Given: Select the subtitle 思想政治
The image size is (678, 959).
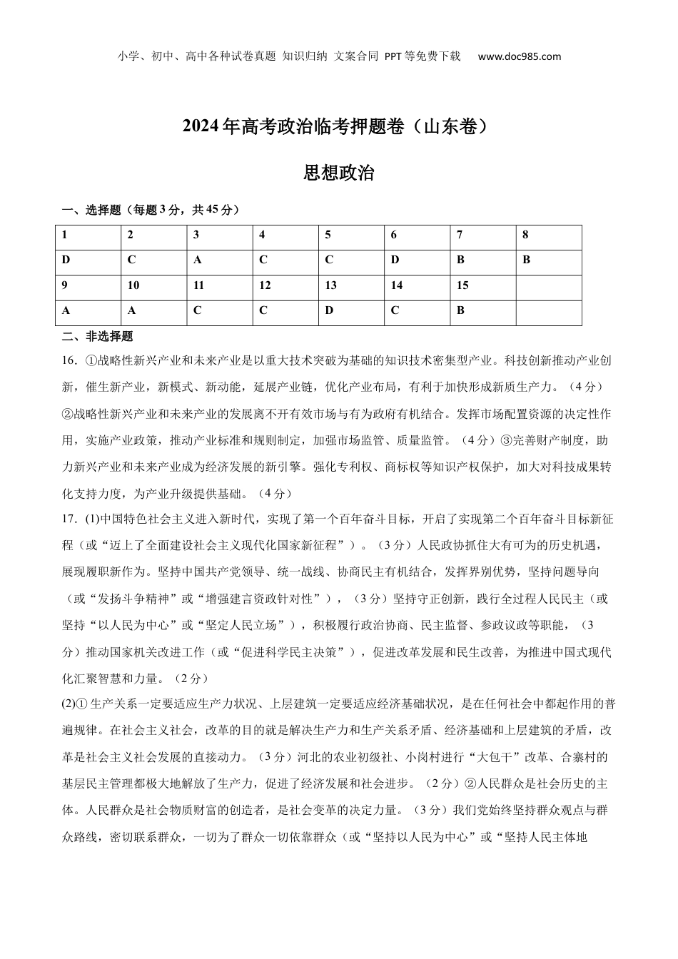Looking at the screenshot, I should [x=339, y=173].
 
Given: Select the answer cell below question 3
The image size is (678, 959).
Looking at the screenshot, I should [x=220, y=260].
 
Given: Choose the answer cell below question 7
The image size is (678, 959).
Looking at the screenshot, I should [x=482, y=260].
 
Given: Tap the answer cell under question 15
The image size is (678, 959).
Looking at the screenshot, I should [x=482, y=310].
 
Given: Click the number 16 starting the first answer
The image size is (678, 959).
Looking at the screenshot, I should [x=69, y=361].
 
